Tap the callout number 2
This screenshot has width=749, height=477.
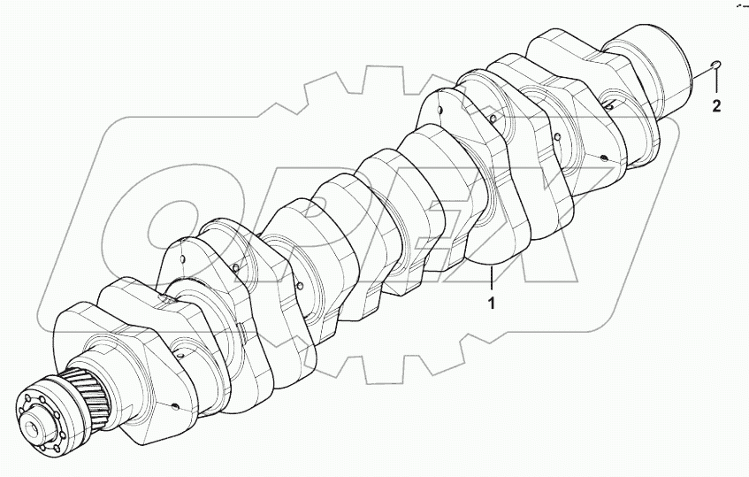pos(717,107)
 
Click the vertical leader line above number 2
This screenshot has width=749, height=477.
pos(717,84)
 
